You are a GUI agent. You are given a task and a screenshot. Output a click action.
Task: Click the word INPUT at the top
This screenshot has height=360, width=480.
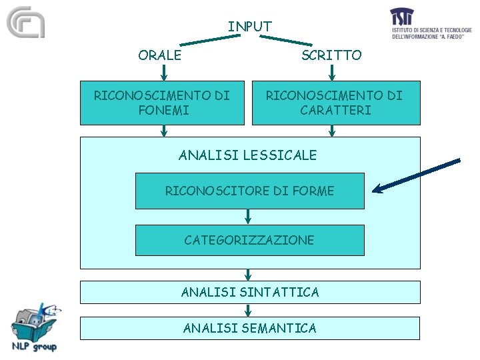point(250,27)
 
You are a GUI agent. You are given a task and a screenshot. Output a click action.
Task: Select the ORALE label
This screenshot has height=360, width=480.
point(159,55)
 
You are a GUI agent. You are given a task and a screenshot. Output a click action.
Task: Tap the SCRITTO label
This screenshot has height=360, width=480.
point(331,55)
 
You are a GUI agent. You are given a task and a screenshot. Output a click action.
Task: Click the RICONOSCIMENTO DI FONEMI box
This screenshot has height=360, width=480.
point(162,103)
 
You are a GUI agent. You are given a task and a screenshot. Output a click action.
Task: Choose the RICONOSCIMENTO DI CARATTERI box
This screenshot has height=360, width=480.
point(336,103)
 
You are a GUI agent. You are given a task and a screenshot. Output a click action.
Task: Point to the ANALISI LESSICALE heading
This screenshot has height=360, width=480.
point(248,155)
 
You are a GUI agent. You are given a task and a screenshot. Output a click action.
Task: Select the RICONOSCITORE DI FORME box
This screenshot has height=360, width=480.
point(249,191)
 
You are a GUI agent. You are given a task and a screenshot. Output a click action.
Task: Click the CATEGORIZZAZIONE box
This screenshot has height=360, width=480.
point(249,240)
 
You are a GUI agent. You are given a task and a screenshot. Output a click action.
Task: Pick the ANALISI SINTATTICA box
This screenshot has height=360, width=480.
point(250,292)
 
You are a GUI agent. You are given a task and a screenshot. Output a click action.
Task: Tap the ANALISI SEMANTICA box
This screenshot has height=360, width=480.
point(250,328)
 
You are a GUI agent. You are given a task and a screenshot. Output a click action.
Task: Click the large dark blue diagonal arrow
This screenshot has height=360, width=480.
point(417,175)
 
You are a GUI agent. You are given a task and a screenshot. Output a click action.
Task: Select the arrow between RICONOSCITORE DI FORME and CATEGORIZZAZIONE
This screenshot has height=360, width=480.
point(248,217)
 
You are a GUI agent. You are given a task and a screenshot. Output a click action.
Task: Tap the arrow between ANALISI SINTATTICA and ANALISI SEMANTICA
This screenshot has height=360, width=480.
point(248,310)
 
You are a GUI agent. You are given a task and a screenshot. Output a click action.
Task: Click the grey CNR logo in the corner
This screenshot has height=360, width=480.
point(25,23)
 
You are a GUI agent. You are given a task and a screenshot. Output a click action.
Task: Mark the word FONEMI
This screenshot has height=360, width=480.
point(163,110)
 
